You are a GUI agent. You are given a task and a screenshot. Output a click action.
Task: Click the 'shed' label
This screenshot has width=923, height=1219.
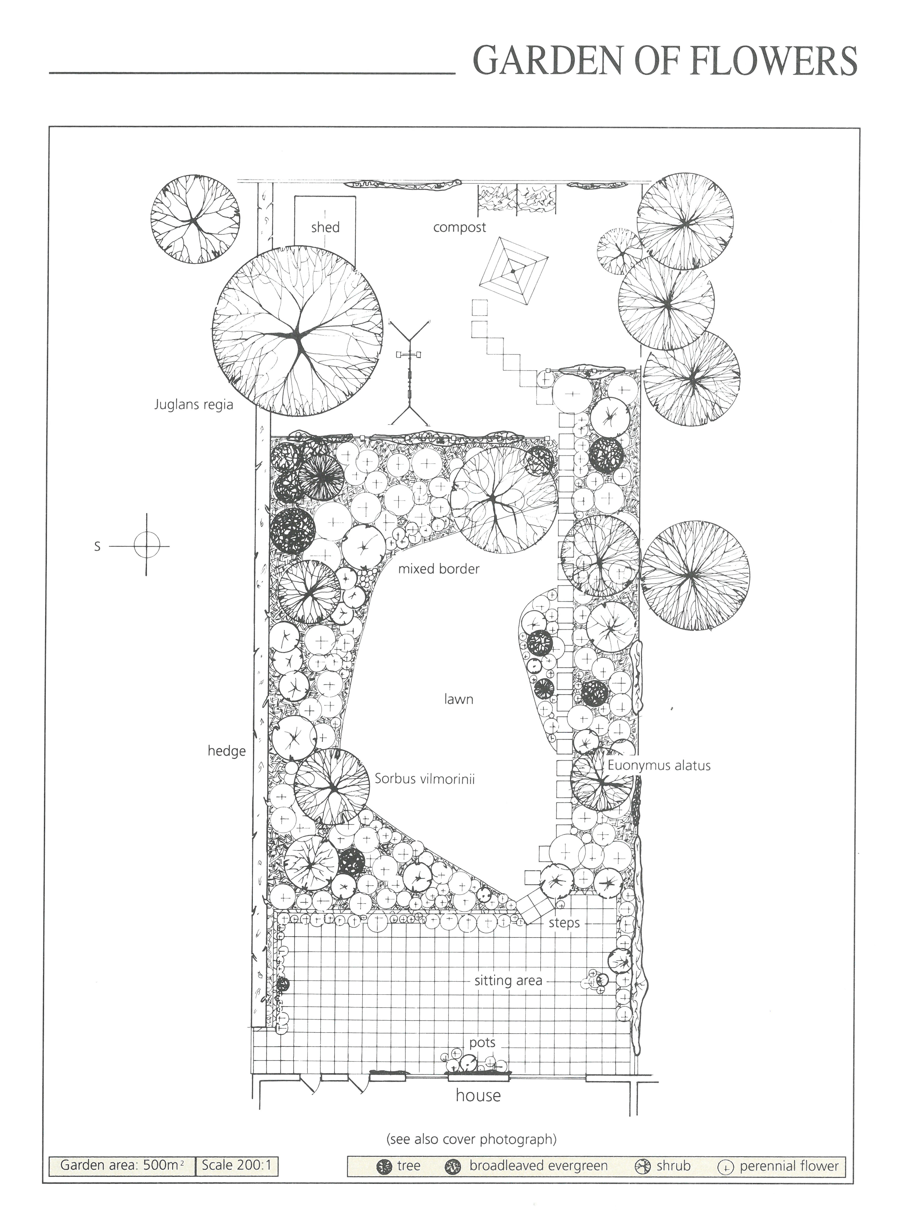click(325, 227)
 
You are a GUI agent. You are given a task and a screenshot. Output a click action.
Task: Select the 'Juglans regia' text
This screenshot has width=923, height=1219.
click(194, 405)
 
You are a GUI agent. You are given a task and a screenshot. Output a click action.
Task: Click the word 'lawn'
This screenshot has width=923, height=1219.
click(459, 699)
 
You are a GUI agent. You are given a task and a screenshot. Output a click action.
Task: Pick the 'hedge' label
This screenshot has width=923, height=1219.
click(226, 751)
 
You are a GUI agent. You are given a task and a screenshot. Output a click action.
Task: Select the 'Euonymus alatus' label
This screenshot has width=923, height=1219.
click(659, 766)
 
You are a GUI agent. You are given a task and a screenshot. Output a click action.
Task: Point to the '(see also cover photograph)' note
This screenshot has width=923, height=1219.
click(472, 1136)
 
